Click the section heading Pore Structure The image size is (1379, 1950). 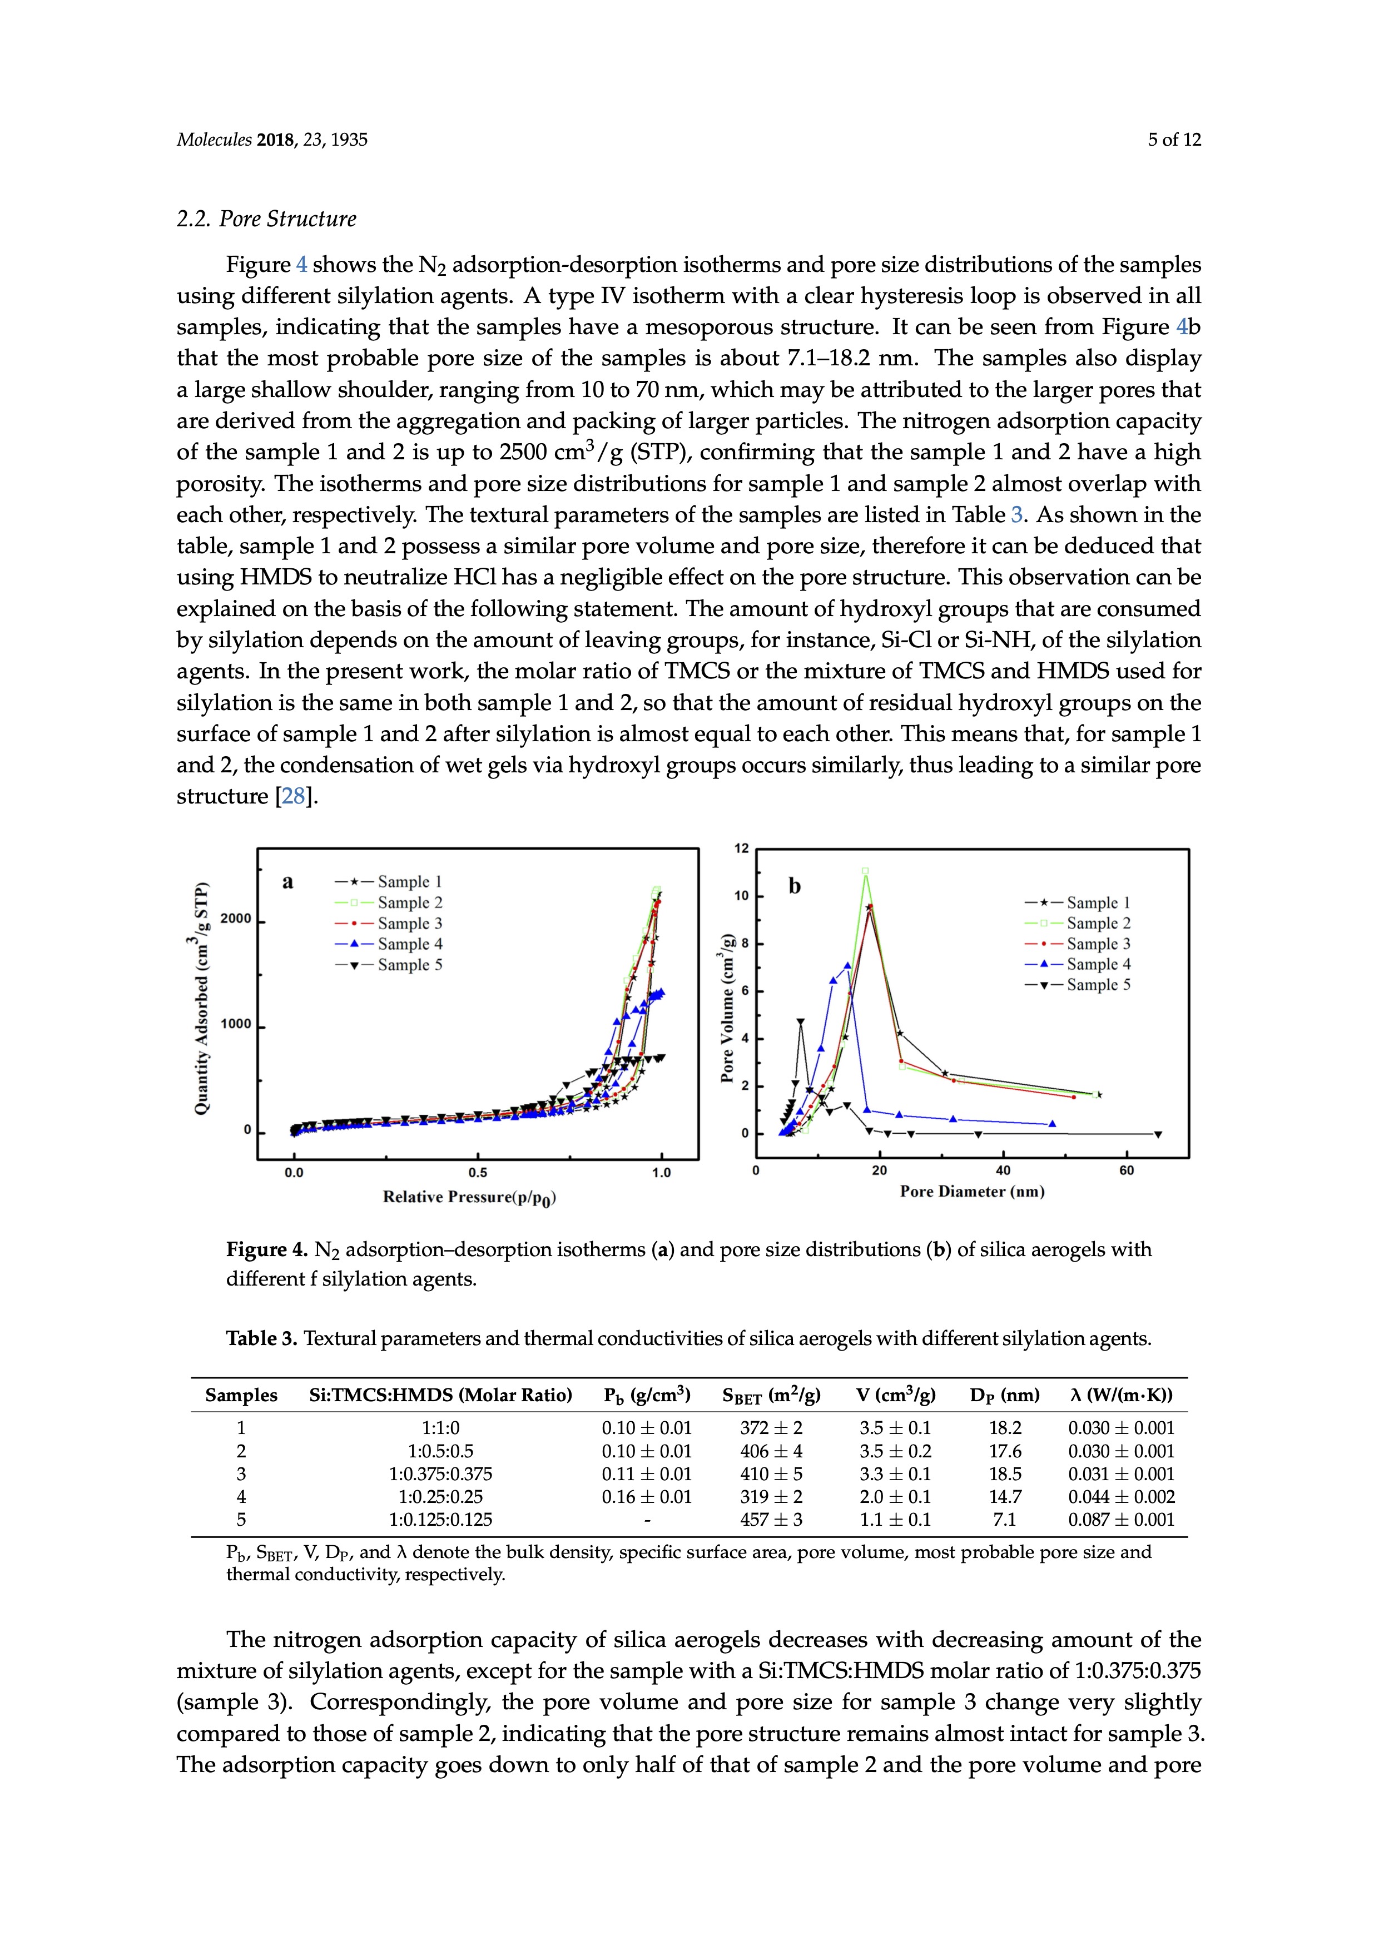point(267,219)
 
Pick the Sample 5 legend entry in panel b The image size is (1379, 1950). point(1078,985)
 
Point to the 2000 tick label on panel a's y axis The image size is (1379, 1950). point(237,919)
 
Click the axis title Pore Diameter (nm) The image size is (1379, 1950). point(973,1192)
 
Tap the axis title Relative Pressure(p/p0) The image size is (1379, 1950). point(469,1198)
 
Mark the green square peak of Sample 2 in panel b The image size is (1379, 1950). point(865,871)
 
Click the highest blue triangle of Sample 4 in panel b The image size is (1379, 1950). point(847,965)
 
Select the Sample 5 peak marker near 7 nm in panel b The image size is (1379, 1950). point(800,1022)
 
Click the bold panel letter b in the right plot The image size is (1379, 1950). point(795,887)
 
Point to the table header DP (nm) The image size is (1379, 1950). point(1005,1396)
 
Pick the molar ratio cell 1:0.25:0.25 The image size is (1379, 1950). point(441,1496)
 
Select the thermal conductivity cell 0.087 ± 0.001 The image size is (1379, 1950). point(1121,1520)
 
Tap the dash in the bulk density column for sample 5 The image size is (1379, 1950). point(647,1520)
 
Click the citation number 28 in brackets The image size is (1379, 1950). point(293,797)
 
